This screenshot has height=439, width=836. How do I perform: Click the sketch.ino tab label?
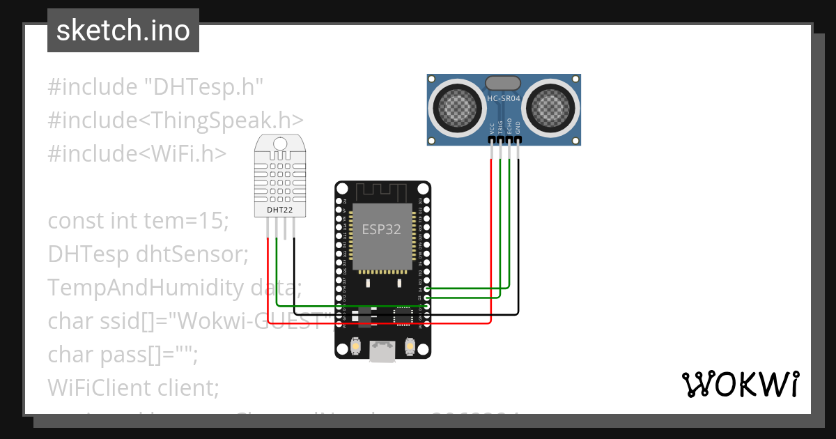coord(123,31)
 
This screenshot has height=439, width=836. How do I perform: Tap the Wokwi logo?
coord(740,385)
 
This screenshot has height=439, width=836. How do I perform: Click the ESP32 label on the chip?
coord(380,229)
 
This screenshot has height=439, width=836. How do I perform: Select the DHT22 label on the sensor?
coord(280,209)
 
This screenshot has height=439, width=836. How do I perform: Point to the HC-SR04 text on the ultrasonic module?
coord(504,99)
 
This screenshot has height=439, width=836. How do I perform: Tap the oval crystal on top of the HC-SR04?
coord(504,84)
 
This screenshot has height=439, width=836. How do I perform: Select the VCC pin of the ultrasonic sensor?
coord(492,139)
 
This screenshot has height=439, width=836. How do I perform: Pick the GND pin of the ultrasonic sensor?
coord(518,139)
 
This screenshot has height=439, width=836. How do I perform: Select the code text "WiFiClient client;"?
coord(133,387)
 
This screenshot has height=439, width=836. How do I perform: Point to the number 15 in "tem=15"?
coord(215,221)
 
